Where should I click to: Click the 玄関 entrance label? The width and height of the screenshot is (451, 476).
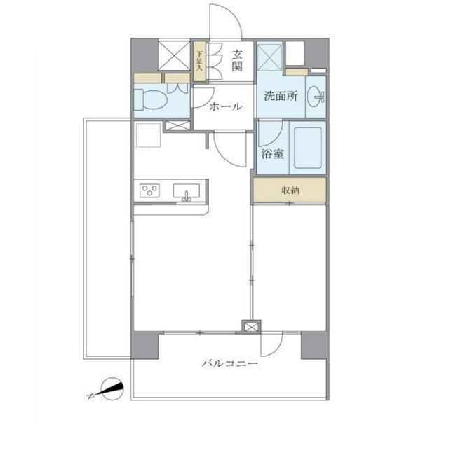[237, 61]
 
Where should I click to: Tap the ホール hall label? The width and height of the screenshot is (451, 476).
[226, 106]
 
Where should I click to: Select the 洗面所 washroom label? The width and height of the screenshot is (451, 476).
[281, 96]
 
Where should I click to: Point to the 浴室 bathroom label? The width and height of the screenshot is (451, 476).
[273, 154]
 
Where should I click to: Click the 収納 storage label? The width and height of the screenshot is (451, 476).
[290, 190]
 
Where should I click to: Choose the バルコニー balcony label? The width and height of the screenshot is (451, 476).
[230, 363]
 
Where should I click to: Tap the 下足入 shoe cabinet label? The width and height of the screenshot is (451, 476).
[199, 61]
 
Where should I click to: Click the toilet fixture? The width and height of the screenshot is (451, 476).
[151, 99]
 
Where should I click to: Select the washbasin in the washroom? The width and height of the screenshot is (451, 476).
[316, 97]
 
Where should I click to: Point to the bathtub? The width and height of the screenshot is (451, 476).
[308, 148]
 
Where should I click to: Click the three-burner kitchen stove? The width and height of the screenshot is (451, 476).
[149, 190]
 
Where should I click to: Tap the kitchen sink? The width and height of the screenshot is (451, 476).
[187, 192]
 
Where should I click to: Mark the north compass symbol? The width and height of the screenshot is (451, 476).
[110, 390]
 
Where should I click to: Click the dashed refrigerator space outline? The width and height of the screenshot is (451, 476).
[149, 135]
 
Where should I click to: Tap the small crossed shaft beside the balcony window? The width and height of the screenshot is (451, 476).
[251, 328]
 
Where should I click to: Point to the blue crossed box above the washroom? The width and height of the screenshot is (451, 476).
[270, 57]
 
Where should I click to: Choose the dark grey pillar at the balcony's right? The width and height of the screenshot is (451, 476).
[314, 345]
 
